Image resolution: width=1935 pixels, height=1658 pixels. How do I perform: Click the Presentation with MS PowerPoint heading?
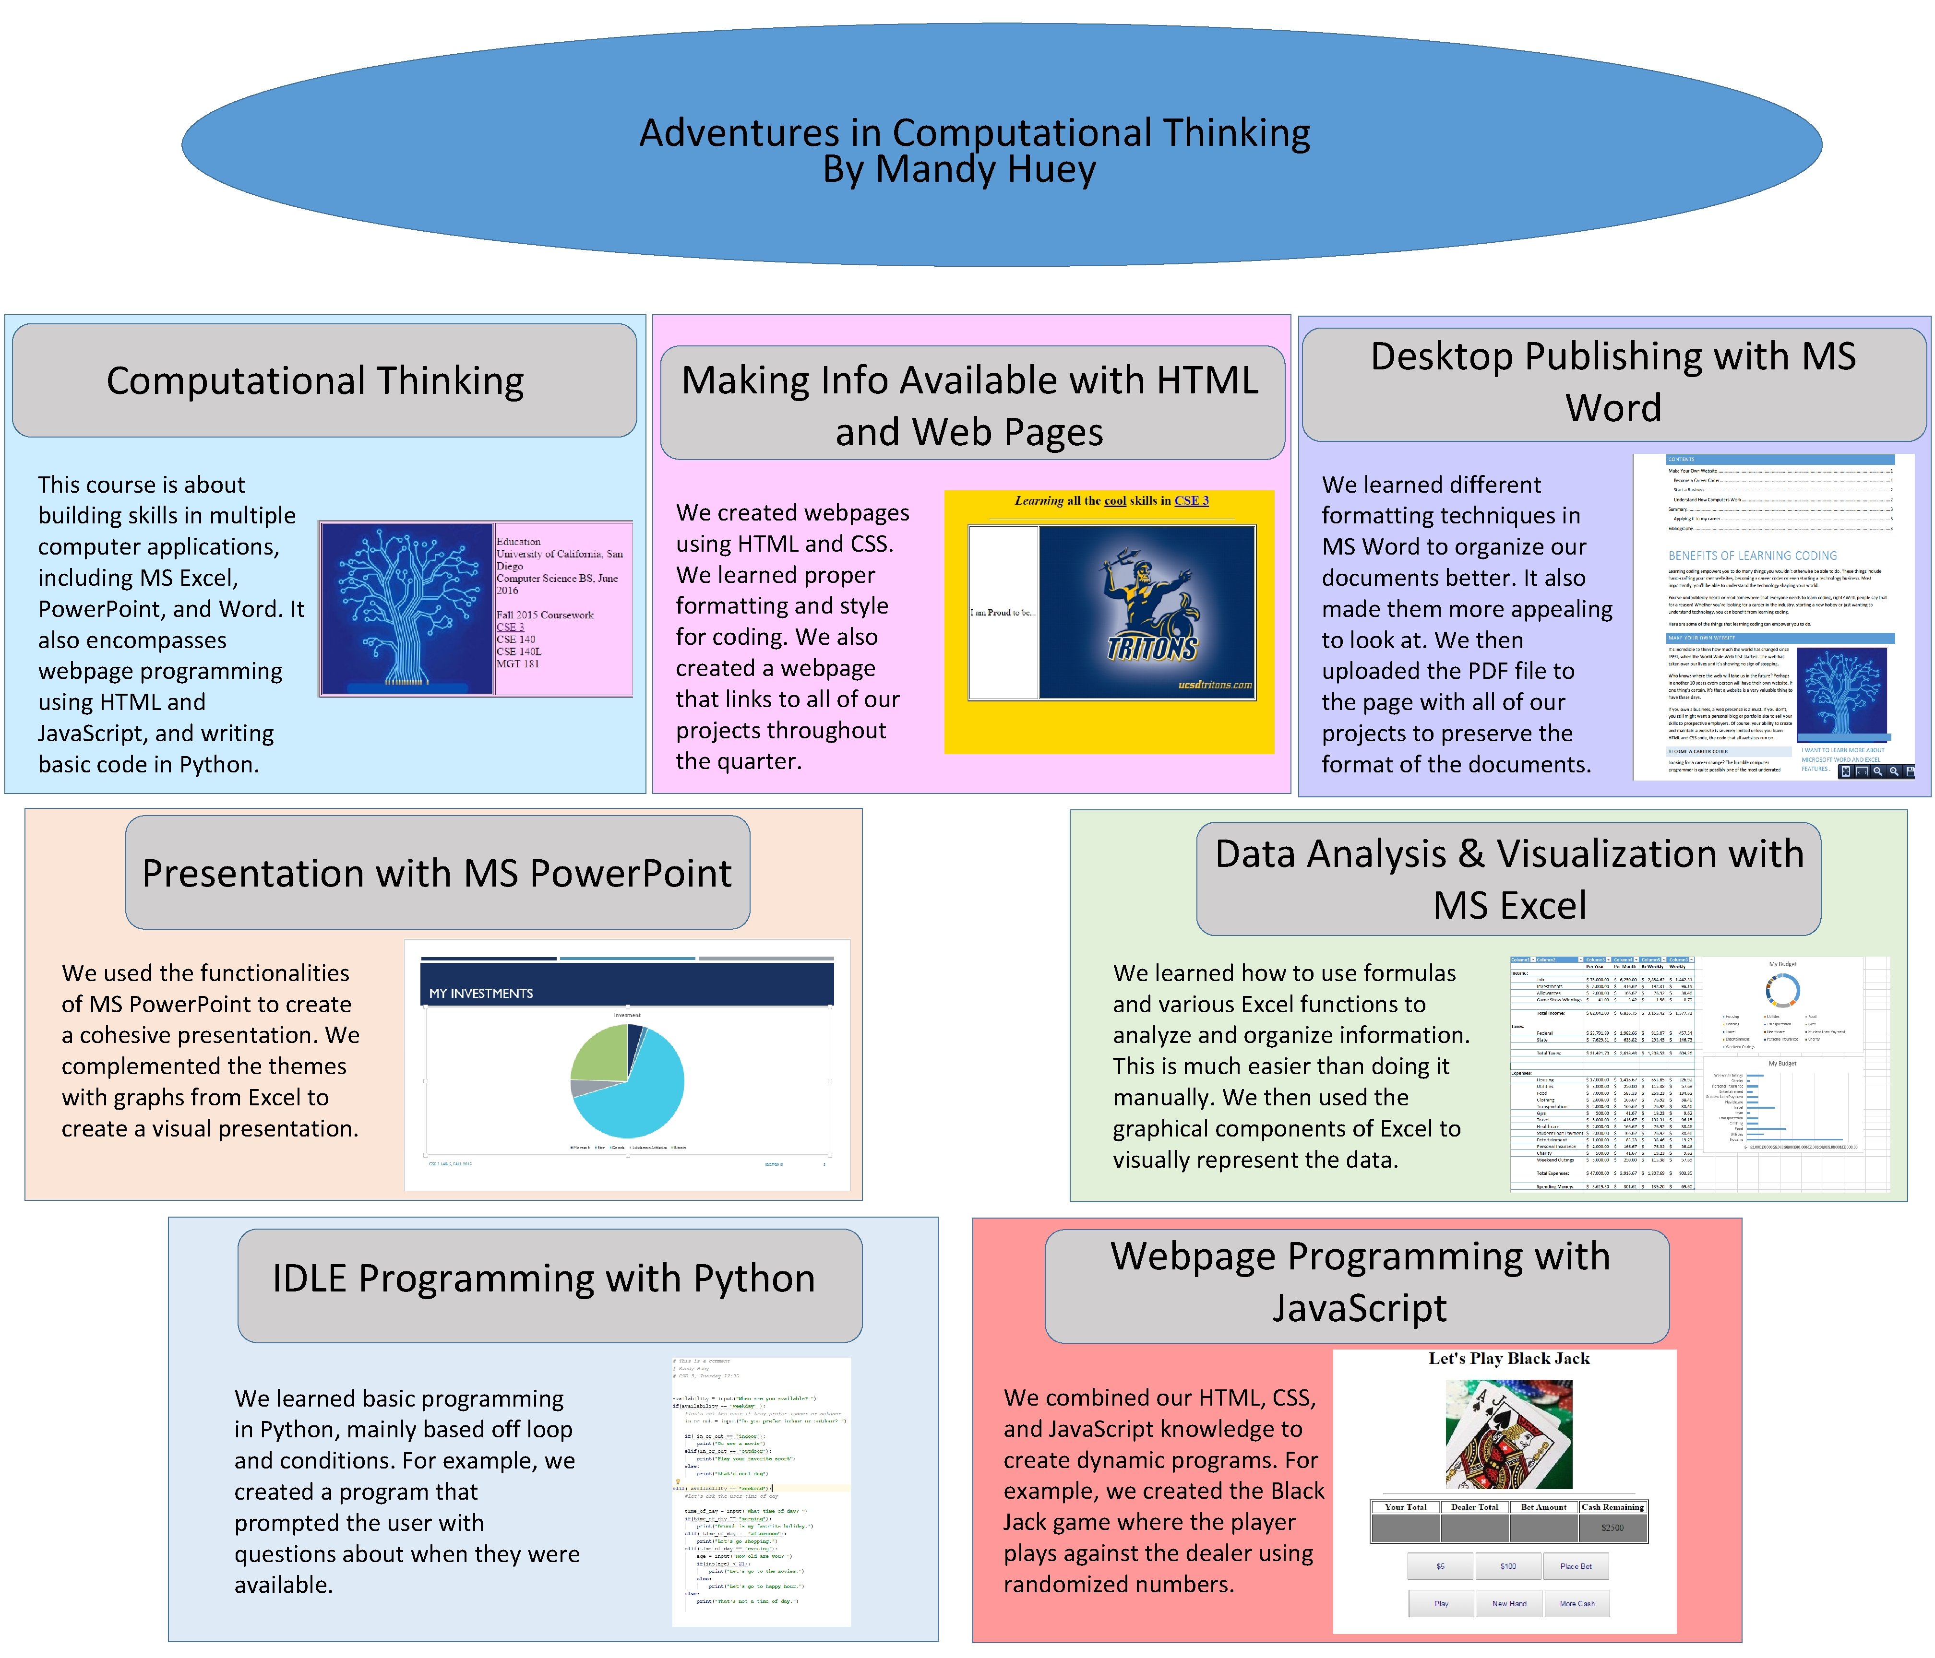437,873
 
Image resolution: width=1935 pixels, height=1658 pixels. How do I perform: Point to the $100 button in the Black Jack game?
1508,1566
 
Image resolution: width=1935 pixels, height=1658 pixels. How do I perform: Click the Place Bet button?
1577,1566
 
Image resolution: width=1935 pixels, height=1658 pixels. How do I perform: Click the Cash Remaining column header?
1613,1507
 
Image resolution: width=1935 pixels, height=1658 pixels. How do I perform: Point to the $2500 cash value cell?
1613,1528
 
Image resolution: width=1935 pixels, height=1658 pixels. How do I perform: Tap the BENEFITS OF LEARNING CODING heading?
1752,556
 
